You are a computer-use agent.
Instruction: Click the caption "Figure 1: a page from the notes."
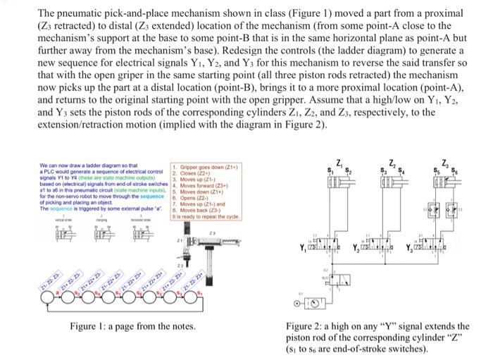tap(132, 326)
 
